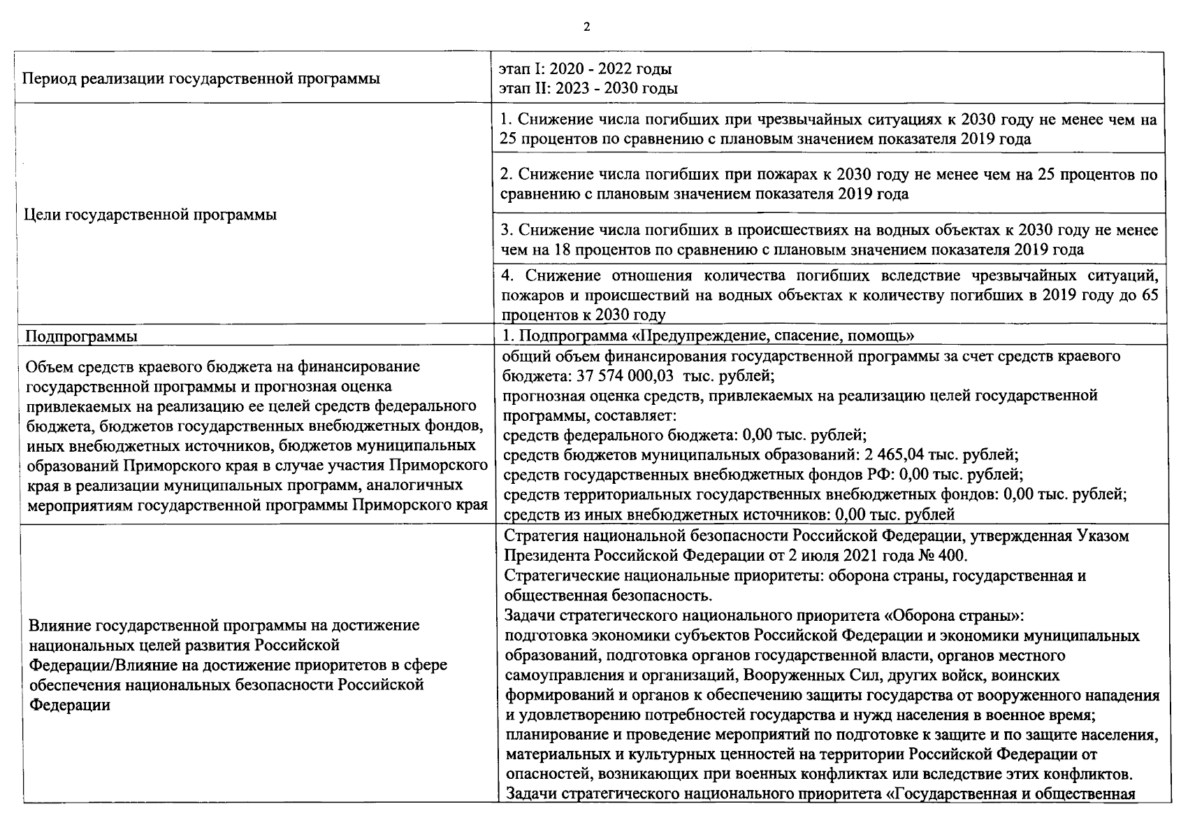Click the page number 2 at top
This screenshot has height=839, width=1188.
(x=586, y=27)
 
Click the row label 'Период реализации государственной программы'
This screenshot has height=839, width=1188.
(x=202, y=78)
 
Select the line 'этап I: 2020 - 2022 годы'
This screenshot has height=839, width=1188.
(x=586, y=69)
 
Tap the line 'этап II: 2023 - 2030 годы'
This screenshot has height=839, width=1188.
(x=588, y=88)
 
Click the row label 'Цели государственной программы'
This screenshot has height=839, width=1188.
(x=150, y=215)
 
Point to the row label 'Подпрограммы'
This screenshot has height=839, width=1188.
(x=81, y=336)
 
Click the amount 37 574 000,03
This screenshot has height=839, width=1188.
(x=625, y=375)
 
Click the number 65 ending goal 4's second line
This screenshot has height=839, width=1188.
(x=1149, y=295)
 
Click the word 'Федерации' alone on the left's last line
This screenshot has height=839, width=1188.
(x=69, y=705)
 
